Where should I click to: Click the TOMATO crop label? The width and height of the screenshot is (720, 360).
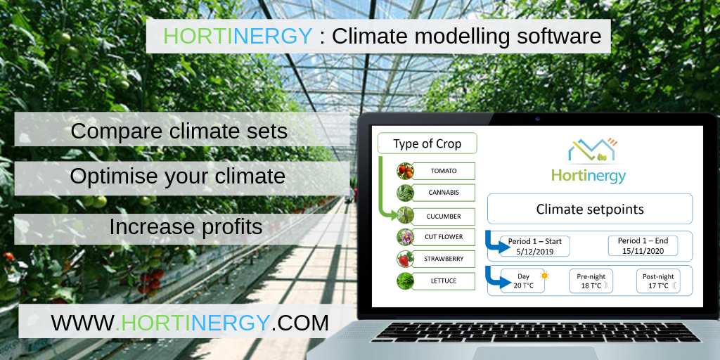coord(444,171)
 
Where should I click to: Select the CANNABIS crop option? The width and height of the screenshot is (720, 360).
coord(444,193)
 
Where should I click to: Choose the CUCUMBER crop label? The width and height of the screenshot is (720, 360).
coord(444,216)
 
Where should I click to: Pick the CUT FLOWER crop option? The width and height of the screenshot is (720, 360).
coord(444,237)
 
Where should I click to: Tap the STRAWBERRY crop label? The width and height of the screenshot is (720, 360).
coord(444,259)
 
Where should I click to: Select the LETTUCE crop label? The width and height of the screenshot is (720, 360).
coord(444,281)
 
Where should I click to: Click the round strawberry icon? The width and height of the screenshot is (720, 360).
coord(405,259)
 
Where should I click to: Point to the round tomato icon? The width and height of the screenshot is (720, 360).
coord(405,171)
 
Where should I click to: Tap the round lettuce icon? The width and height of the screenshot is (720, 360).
coord(405,281)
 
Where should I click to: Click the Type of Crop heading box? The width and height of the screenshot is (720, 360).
coord(427,143)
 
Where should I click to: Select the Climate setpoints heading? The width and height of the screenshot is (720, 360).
coord(590,209)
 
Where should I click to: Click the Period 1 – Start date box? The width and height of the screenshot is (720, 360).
coord(534,246)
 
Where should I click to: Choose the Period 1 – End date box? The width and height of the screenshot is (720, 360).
coord(643,245)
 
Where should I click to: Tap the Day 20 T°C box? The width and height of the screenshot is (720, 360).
coord(522,281)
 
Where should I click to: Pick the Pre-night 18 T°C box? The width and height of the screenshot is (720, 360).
coord(591,281)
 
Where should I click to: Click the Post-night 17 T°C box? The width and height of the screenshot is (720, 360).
coord(658,281)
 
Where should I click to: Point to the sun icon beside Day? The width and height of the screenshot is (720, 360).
coord(545,276)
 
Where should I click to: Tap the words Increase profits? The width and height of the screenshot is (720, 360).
coord(186,227)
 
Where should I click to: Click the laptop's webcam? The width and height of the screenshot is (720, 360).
coord(537,119)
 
